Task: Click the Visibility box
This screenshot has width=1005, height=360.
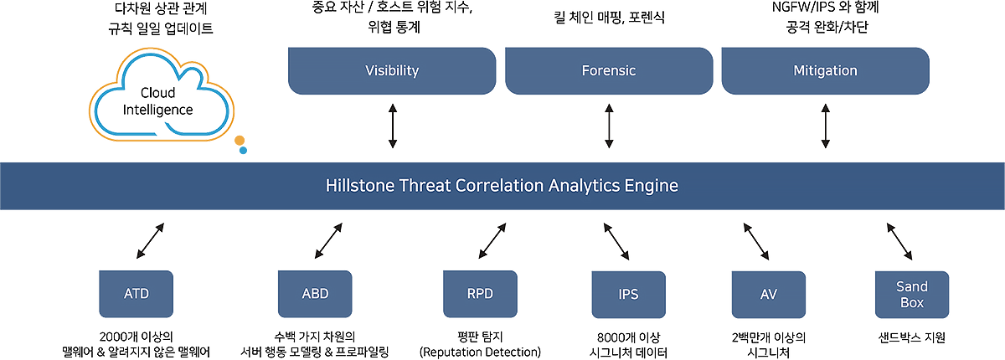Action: (392, 71)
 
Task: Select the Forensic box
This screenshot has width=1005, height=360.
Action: (609, 71)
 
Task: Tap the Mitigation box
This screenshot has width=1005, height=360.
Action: (825, 71)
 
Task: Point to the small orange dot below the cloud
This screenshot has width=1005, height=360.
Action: (240, 141)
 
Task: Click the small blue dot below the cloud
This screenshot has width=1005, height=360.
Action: (243, 151)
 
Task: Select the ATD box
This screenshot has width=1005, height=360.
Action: (136, 294)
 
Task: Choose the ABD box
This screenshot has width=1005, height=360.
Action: (315, 294)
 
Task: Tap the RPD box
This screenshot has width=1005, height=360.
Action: (480, 294)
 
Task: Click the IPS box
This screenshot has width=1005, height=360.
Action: (629, 295)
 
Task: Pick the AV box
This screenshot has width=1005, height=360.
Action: (769, 295)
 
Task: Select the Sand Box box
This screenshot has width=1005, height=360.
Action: (912, 295)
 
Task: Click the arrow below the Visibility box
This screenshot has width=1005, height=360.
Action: (393, 126)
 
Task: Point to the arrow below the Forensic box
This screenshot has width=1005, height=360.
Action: (609, 126)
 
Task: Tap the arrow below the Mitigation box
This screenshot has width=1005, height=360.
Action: (825, 126)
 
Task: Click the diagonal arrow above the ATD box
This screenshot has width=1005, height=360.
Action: (150, 241)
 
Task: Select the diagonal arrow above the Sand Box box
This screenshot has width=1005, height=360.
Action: (899, 242)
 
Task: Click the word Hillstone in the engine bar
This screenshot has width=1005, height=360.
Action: (360, 186)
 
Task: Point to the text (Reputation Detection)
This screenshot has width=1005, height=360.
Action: (480, 352)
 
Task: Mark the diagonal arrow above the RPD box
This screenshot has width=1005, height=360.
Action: (492, 241)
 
